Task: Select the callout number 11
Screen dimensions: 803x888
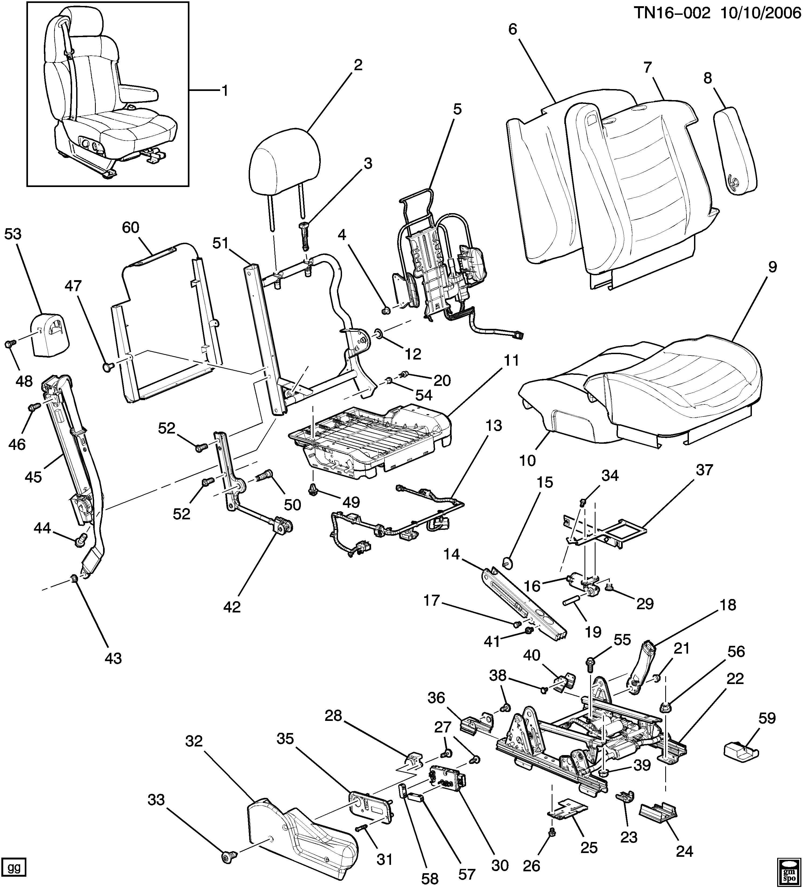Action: pyautogui.click(x=511, y=361)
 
